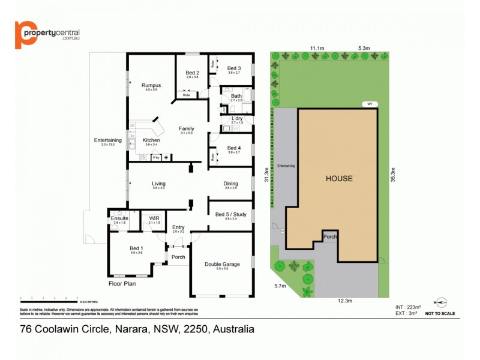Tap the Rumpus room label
click(x=151, y=85)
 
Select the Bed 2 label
click(x=192, y=73)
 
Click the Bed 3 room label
click(x=234, y=68)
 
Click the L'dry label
click(x=237, y=119)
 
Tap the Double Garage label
click(x=222, y=263)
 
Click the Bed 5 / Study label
click(x=230, y=214)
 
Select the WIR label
click(x=154, y=218)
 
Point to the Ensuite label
click(x=119, y=218)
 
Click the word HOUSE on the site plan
click(x=339, y=178)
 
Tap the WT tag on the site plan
click(x=370, y=104)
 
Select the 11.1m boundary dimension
click(x=317, y=48)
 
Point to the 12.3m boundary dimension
click(x=344, y=301)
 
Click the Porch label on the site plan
click(x=330, y=237)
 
